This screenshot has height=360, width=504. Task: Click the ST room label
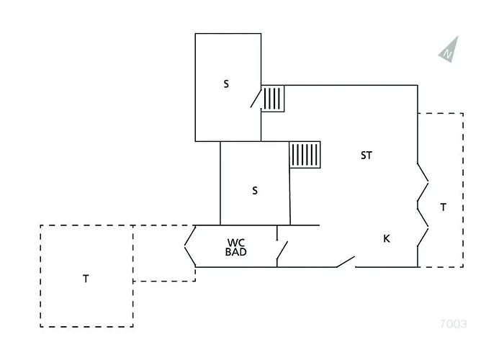[366, 156]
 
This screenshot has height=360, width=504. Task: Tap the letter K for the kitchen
[387, 238]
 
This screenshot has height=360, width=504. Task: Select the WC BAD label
[236, 247]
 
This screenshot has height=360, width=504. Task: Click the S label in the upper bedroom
[226, 84]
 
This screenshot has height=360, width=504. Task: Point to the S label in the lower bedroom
[255, 191]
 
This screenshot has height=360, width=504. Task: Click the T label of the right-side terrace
[444, 207]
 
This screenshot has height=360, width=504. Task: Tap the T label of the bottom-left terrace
[86, 279]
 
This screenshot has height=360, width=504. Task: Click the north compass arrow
[449, 49]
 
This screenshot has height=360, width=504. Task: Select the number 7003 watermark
[453, 324]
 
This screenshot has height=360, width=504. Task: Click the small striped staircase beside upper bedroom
[273, 99]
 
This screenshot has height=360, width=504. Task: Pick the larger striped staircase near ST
[305, 155]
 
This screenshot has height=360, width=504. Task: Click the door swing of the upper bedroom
[256, 99]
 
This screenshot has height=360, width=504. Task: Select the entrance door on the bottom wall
[346, 261]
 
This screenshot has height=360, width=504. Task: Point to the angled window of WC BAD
[190, 246]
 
